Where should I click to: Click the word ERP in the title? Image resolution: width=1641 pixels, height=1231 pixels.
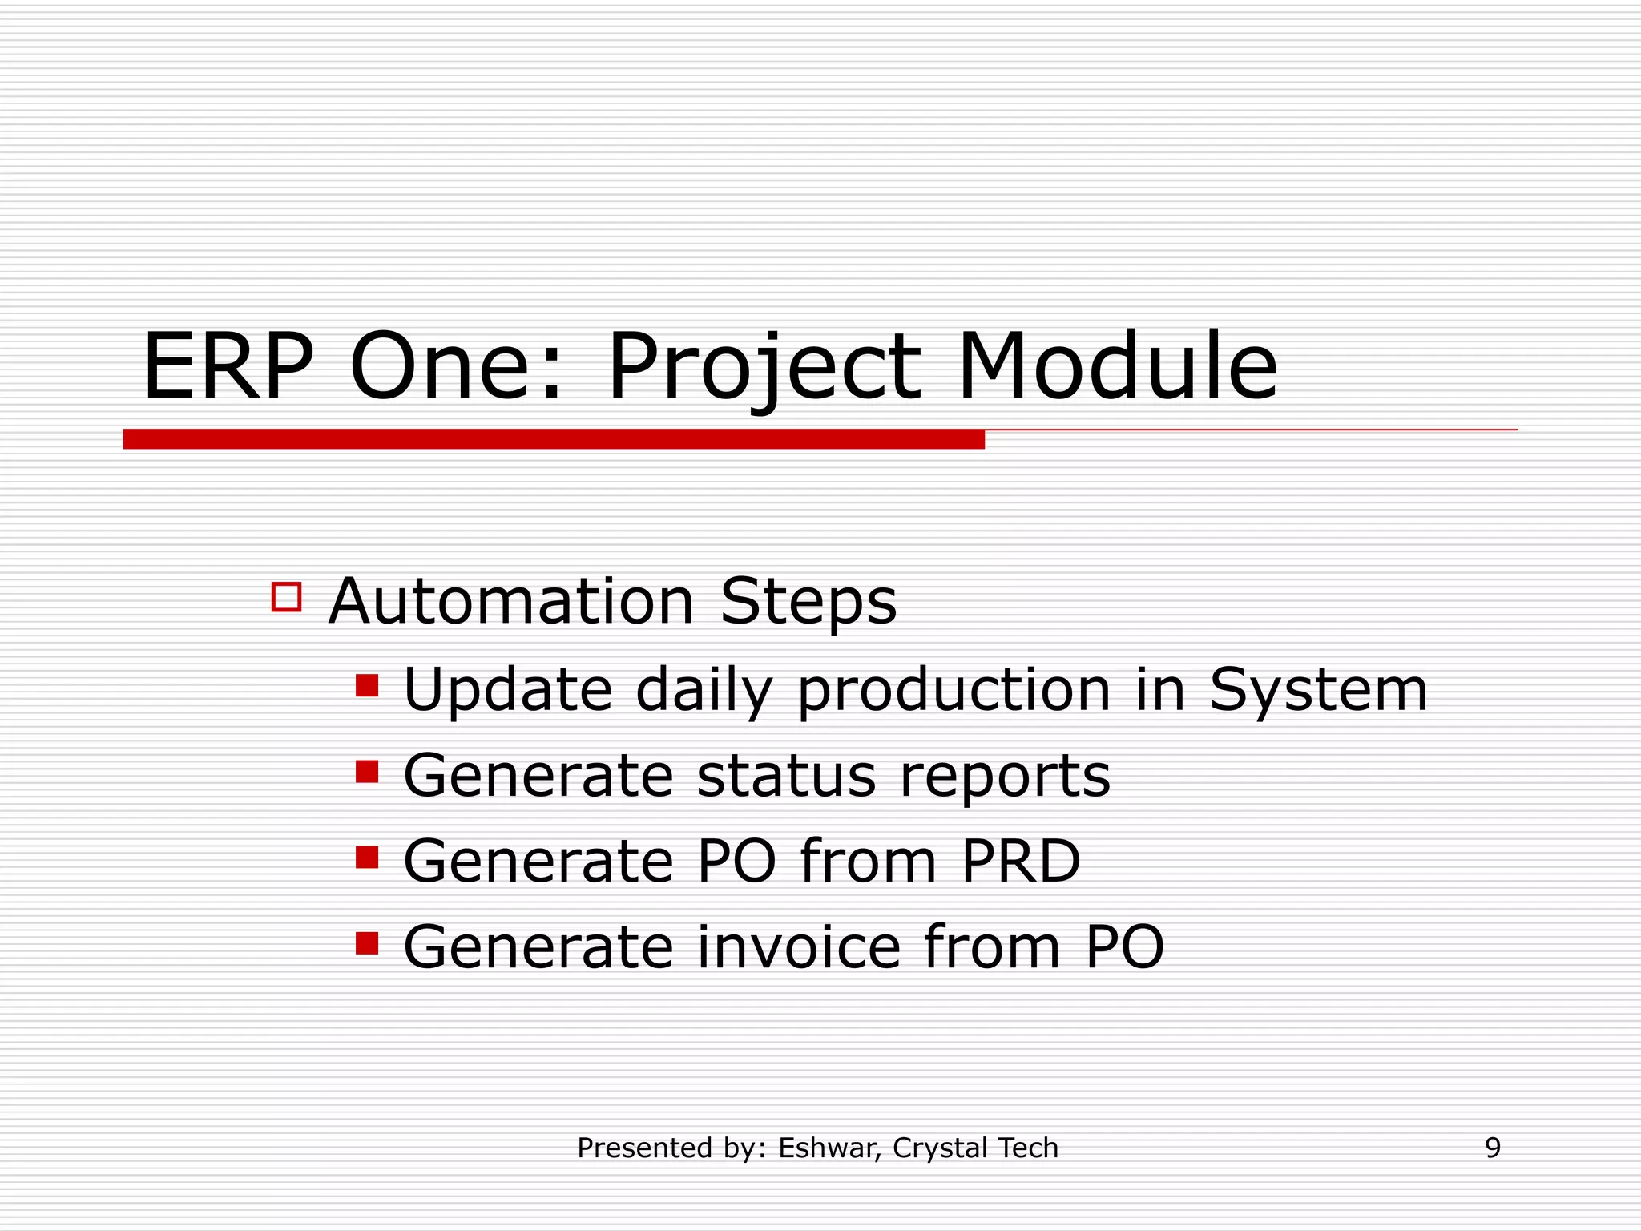pyautogui.click(x=228, y=367)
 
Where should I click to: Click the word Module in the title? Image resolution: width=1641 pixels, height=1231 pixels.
pyautogui.click(x=1117, y=367)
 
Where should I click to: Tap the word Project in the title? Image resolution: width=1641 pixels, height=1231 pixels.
pyautogui.click(x=764, y=369)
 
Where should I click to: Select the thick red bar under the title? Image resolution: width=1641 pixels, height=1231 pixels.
pyautogui.click(x=553, y=439)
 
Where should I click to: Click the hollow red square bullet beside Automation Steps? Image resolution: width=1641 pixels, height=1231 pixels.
pyautogui.click(x=286, y=597)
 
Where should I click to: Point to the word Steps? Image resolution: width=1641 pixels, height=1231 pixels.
pyautogui.click(x=808, y=603)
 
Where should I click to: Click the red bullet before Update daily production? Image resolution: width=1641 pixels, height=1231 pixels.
pyautogui.click(x=367, y=686)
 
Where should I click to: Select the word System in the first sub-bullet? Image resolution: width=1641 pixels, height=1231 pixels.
pyautogui.click(x=1318, y=690)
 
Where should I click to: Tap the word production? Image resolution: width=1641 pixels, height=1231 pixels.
pyautogui.click(x=954, y=692)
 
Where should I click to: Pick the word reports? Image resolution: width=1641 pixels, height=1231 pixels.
pyautogui.click(x=1005, y=777)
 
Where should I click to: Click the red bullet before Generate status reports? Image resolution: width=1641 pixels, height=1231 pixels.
pyautogui.click(x=367, y=772)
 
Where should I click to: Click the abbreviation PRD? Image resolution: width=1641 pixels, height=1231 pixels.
pyautogui.click(x=1020, y=862)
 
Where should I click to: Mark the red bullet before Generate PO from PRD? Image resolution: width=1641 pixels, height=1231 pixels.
pyautogui.click(x=367, y=858)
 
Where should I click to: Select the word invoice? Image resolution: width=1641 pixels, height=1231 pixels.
pyautogui.click(x=799, y=947)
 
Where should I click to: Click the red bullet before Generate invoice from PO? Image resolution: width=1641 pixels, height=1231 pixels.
pyautogui.click(x=367, y=943)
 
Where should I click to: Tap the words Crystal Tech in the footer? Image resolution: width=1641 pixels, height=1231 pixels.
pyautogui.click(x=975, y=1148)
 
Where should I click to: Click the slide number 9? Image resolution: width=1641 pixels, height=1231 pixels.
pyautogui.click(x=1492, y=1148)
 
